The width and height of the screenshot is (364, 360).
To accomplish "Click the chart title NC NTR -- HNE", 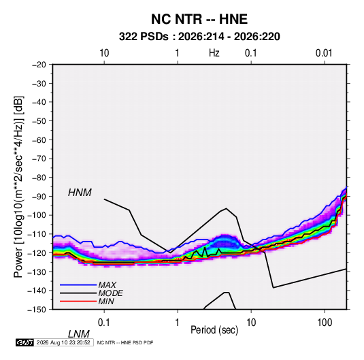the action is point(199,19).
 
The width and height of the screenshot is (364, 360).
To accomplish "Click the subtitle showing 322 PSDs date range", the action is point(199,37).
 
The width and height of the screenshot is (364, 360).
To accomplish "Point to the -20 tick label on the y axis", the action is point(39,65).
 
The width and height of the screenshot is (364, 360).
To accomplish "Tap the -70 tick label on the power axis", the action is point(39,159).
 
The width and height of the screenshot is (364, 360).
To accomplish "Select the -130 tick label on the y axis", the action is point(37,272).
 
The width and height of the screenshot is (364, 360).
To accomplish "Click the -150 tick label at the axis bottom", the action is point(37,310).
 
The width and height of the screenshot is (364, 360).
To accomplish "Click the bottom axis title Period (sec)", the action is point(214,330).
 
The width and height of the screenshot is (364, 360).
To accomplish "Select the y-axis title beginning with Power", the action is point(18,186).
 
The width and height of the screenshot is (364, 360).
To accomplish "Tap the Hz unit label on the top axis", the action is point(214,53).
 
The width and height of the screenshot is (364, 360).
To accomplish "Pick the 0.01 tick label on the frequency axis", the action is point(324,53).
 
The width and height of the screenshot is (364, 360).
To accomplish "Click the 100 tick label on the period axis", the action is point(325,323).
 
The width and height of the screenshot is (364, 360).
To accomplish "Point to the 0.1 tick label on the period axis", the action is point(104,323).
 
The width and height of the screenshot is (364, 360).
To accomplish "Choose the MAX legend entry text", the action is point(107,284).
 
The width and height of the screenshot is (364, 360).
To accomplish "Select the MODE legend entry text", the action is point(110,293).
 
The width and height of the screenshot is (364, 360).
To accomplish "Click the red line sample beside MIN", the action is point(78,301).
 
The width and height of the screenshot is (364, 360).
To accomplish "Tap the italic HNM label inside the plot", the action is point(80,193).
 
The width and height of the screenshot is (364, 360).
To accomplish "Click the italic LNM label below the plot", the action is point(78,334).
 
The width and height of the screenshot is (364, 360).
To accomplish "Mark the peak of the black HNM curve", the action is point(226,208).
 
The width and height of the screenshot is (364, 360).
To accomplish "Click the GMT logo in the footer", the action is point(24,342).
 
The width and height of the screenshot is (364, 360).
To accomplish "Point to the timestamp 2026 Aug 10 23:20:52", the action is point(63,342).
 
